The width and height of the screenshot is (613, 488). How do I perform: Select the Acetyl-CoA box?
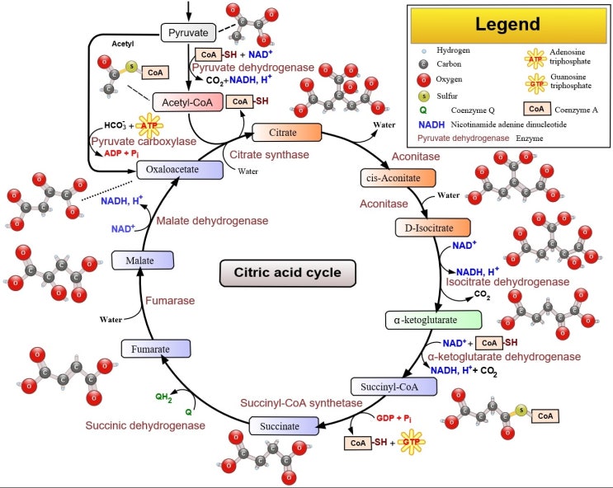(188, 102)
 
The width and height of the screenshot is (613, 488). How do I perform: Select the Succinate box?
(284, 426)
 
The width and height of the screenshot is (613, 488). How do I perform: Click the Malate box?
(142, 260)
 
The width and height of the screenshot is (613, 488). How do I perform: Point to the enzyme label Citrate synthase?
(269, 154)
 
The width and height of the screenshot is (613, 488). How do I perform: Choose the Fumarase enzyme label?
(171, 301)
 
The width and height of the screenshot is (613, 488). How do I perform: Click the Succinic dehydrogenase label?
(145, 425)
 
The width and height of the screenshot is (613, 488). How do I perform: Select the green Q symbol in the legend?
(422, 110)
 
